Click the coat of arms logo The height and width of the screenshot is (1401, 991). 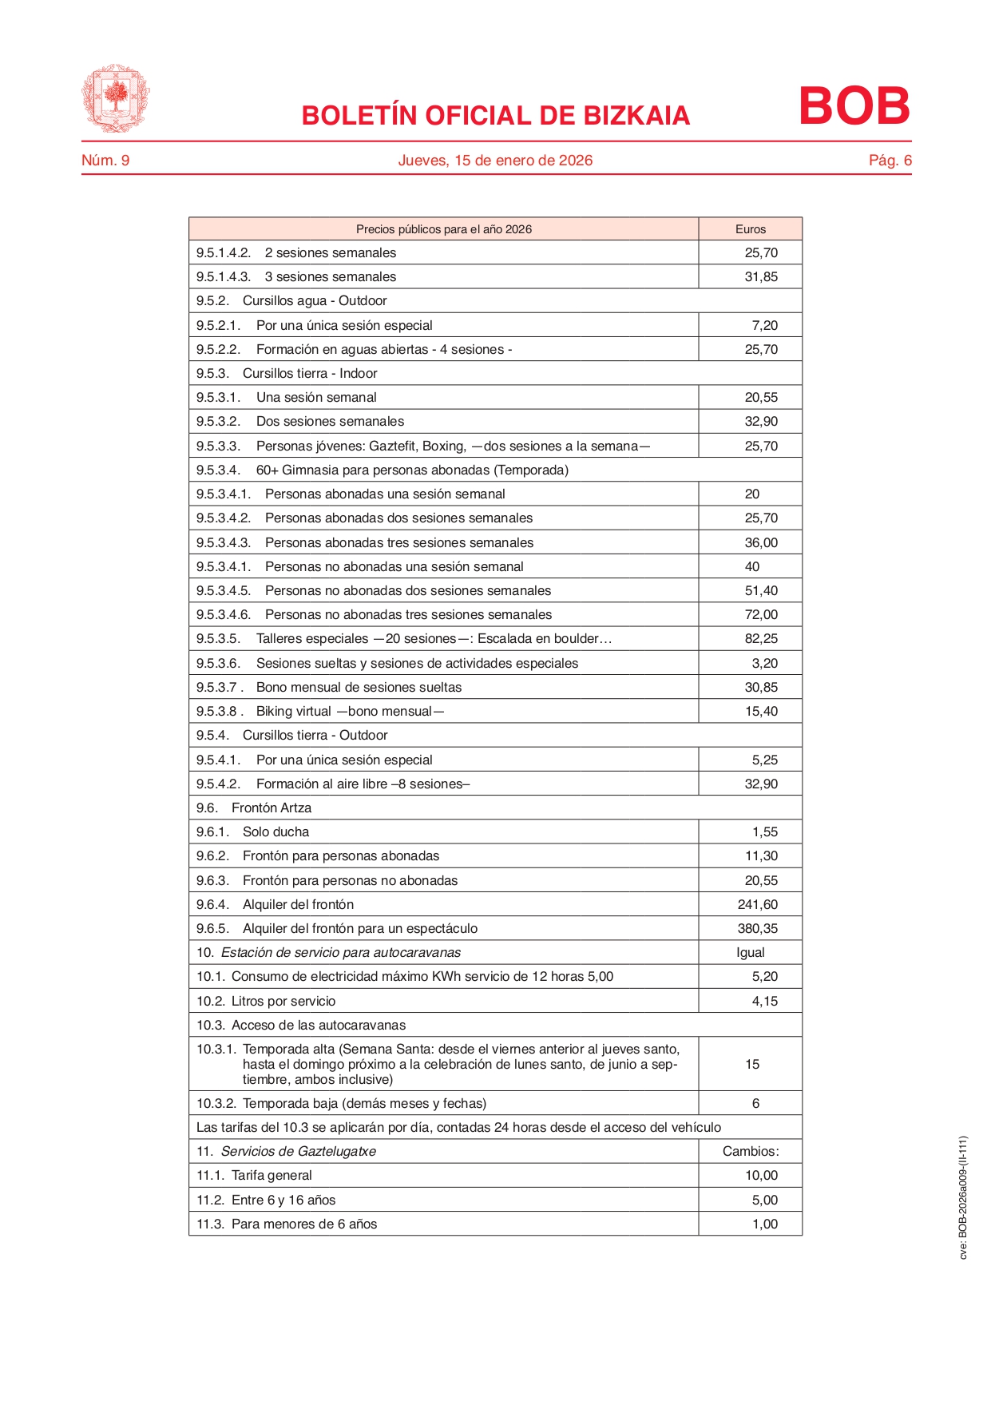[115, 99]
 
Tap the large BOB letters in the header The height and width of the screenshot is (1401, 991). [854, 106]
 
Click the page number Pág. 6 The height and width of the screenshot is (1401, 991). [890, 161]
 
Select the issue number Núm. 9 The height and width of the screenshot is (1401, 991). [105, 161]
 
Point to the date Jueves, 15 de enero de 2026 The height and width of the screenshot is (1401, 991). [495, 161]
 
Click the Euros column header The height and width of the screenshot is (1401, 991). [750, 229]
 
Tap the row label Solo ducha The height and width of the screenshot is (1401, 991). [275, 831]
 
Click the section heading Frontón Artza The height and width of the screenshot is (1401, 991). [272, 808]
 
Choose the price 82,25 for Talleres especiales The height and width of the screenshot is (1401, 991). [761, 638]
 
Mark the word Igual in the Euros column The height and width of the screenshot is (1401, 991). [750, 952]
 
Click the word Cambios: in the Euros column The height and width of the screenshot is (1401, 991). [750, 1151]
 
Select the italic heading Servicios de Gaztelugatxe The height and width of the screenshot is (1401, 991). [298, 1151]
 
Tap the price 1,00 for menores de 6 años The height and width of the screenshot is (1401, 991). [764, 1224]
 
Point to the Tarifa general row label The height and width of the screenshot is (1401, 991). [272, 1175]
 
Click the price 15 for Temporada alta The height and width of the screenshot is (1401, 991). [751, 1064]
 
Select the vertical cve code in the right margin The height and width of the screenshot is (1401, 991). [963, 1197]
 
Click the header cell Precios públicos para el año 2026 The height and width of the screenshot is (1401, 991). [443, 229]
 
